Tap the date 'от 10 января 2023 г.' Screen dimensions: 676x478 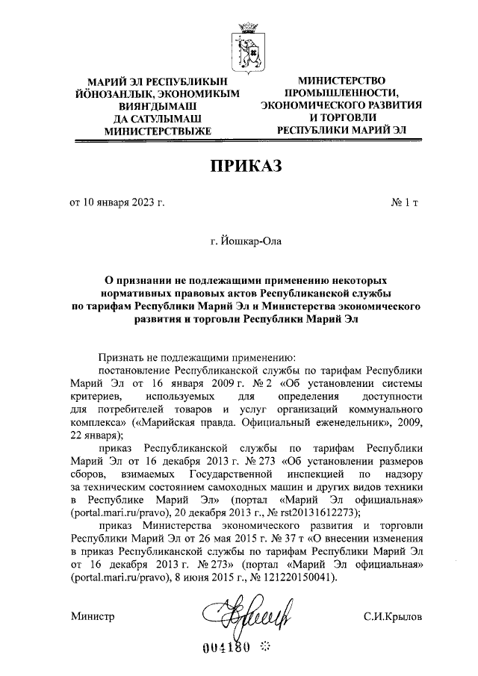(x=116, y=202)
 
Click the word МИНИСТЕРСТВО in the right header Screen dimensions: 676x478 (x=341, y=80)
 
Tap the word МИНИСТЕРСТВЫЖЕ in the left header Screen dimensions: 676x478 (x=152, y=129)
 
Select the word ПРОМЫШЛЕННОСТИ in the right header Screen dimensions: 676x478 (x=341, y=93)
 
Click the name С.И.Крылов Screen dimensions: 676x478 (x=393, y=617)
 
